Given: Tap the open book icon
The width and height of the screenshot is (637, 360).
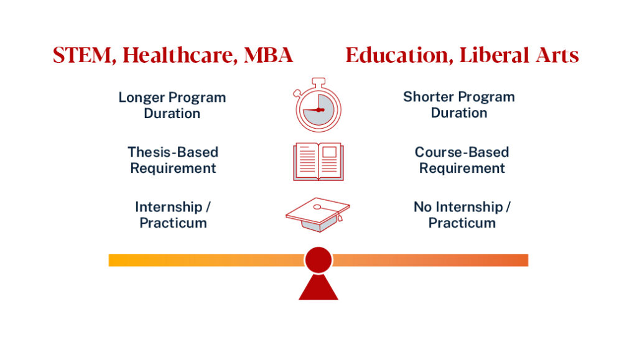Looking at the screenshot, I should tap(318, 162).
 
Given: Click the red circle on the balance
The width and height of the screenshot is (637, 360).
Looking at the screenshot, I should tap(318, 260).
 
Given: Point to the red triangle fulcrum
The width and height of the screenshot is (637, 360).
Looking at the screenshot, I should tap(318, 288).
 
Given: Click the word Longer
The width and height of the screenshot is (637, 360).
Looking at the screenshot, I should tap(142, 98).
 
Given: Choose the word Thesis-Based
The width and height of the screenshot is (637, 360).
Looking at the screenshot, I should tap(173, 152).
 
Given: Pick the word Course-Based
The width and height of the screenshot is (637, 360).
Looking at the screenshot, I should tap(462, 152).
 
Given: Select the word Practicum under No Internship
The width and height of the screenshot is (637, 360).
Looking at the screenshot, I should tap(462, 223).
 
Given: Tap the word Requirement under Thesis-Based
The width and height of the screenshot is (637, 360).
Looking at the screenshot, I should tap(173, 168).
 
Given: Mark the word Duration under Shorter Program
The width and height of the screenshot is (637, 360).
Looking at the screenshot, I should tap(459, 113).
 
